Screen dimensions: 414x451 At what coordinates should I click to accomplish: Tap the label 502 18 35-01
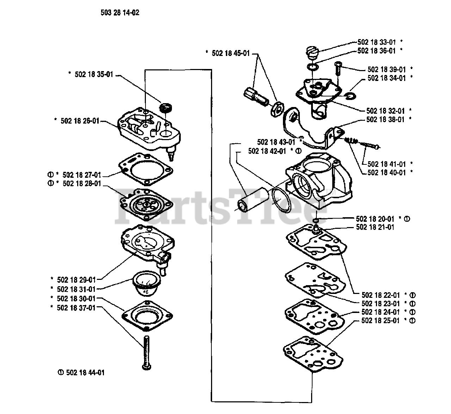pyautogui.click(x=94, y=75)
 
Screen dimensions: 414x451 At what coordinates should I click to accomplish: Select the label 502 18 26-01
pyautogui.click(x=80, y=120)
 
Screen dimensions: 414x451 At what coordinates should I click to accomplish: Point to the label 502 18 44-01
pyautogui.click(x=83, y=373)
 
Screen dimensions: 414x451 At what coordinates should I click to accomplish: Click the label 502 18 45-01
pyautogui.click(x=230, y=53)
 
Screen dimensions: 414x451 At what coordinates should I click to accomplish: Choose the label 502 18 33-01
pyautogui.click(x=377, y=42)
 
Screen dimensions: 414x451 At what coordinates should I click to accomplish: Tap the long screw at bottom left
pyautogui.click(x=147, y=352)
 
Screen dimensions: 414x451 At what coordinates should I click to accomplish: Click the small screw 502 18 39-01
pyautogui.click(x=338, y=68)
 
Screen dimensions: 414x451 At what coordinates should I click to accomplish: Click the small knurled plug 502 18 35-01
pyautogui.click(x=165, y=107)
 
